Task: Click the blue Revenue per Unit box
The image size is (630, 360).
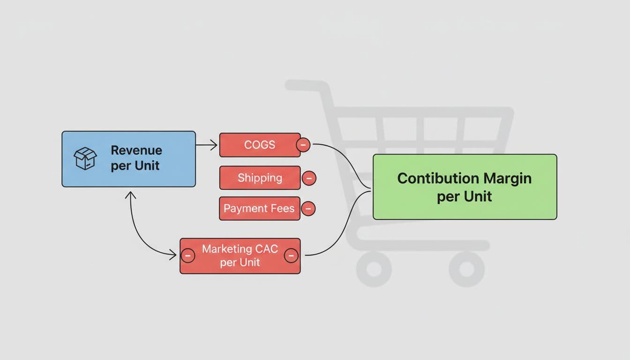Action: (x=128, y=159)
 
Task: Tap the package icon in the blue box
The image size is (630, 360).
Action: (x=85, y=158)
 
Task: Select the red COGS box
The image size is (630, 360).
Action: (x=259, y=145)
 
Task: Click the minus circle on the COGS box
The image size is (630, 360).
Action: (x=303, y=145)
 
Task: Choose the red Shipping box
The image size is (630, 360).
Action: (x=259, y=178)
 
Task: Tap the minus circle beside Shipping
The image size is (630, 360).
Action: (x=308, y=178)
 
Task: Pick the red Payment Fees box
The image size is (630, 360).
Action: (x=259, y=208)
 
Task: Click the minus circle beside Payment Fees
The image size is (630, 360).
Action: (x=308, y=209)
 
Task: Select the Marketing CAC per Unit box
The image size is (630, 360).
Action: (x=240, y=255)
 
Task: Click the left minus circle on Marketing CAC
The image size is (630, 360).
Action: (x=187, y=255)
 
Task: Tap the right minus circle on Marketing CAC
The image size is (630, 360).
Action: (x=291, y=255)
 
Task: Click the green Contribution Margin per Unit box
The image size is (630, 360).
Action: (x=465, y=187)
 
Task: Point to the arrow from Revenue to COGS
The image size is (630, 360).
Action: (x=207, y=145)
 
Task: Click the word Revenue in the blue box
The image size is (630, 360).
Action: (x=136, y=150)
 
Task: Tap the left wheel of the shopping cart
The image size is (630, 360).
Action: (x=374, y=269)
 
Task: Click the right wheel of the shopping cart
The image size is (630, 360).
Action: (x=466, y=269)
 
